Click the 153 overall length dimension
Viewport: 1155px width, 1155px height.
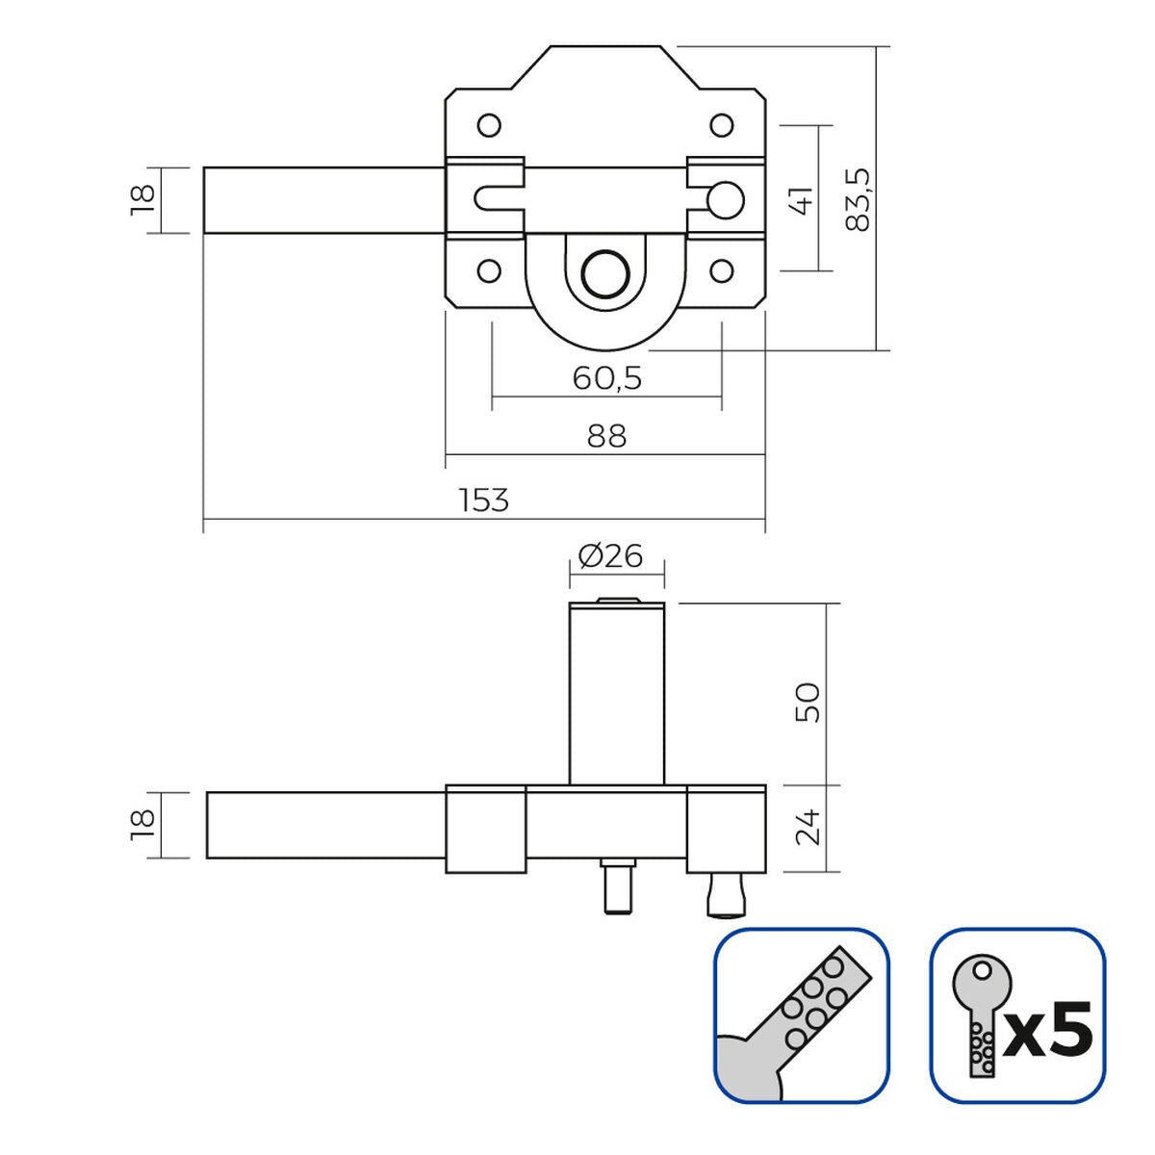coord(483,500)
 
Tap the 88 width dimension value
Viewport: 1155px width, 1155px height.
coord(606,436)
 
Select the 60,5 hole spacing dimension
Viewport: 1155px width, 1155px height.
coord(606,378)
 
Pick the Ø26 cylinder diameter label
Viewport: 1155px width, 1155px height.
coord(610,555)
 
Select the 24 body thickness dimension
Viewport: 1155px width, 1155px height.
coord(808,828)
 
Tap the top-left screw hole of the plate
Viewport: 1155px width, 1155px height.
coord(489,125)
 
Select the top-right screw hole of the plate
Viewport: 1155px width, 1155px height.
coord(722,125)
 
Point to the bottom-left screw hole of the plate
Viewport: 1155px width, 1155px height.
coord(489,270)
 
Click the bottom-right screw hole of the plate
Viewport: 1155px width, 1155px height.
coord(722,270)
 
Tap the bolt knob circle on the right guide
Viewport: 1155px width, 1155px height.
coord(726,199)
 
